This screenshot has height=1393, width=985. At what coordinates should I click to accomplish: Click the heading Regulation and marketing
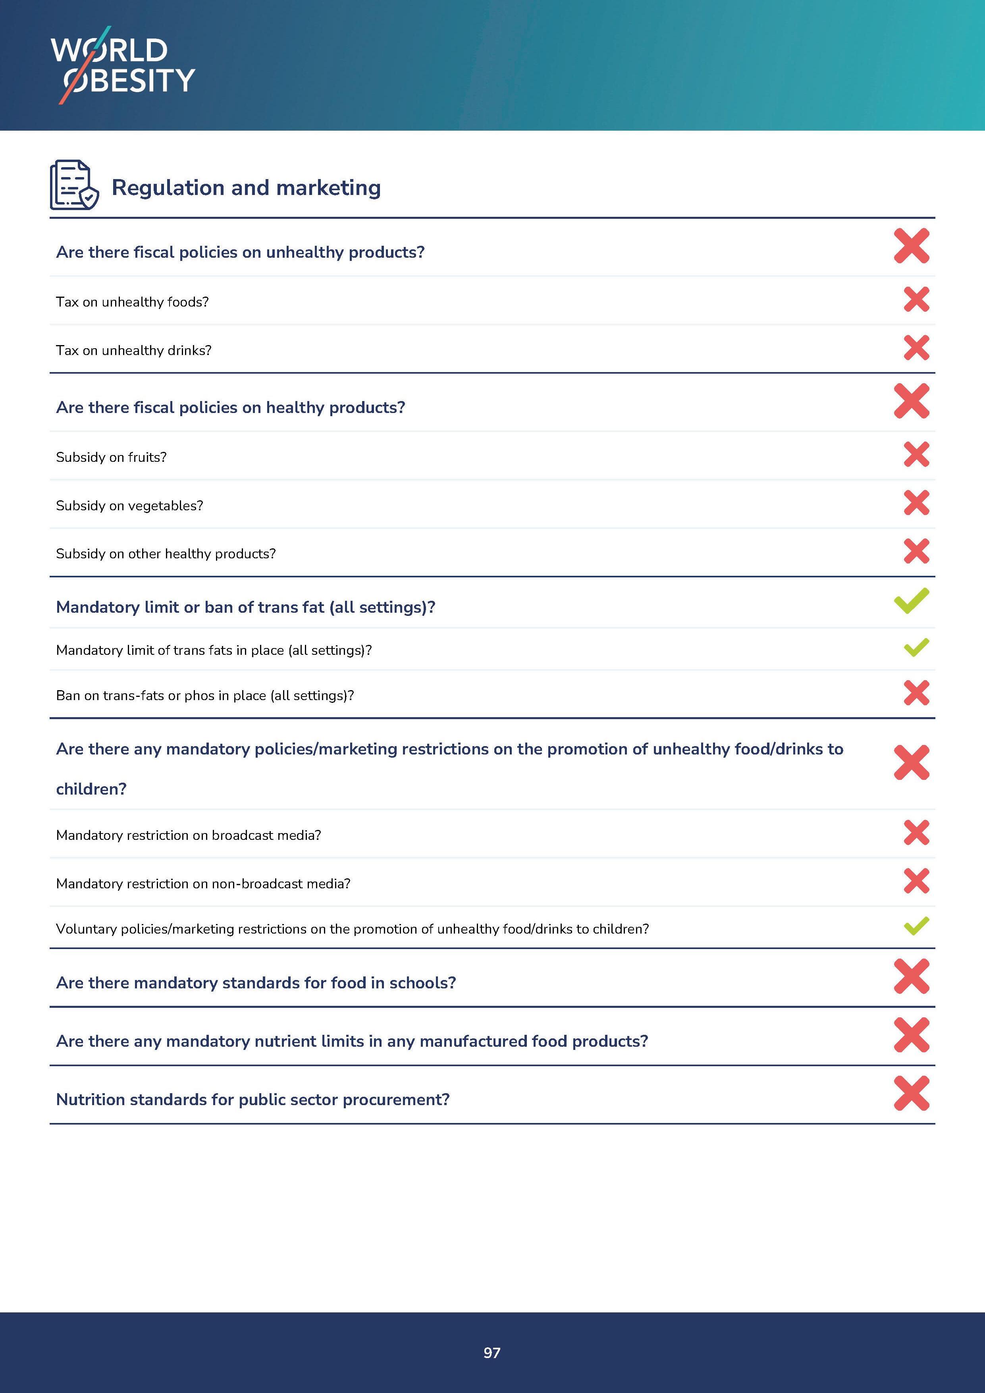[246, 187]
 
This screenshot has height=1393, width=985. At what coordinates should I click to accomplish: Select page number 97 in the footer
[492, 1352]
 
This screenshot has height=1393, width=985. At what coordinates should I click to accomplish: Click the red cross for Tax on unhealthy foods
[916, 299]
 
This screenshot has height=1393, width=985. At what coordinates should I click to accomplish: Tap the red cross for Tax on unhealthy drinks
[916, 347]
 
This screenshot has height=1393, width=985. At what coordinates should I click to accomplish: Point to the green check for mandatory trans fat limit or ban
[911, 601]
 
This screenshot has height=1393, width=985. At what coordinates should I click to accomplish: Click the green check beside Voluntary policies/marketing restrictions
[916, 926]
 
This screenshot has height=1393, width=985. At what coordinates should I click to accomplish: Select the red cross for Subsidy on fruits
[916, 454]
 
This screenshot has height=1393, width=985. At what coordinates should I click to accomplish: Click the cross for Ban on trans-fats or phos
[916, 693]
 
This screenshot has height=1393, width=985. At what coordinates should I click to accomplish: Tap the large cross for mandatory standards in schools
[911, 976]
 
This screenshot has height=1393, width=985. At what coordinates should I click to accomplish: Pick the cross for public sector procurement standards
[911, 1093]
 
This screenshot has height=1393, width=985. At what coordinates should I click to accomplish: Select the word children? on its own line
[91, 789]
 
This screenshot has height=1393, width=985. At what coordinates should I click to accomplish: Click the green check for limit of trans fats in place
[916, 647]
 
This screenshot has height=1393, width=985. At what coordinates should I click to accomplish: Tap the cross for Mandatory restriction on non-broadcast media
[916, 881]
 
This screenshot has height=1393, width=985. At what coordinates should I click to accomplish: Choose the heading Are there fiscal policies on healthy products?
[231, 407]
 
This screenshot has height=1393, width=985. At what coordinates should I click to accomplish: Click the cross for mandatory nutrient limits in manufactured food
[911, 1035]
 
